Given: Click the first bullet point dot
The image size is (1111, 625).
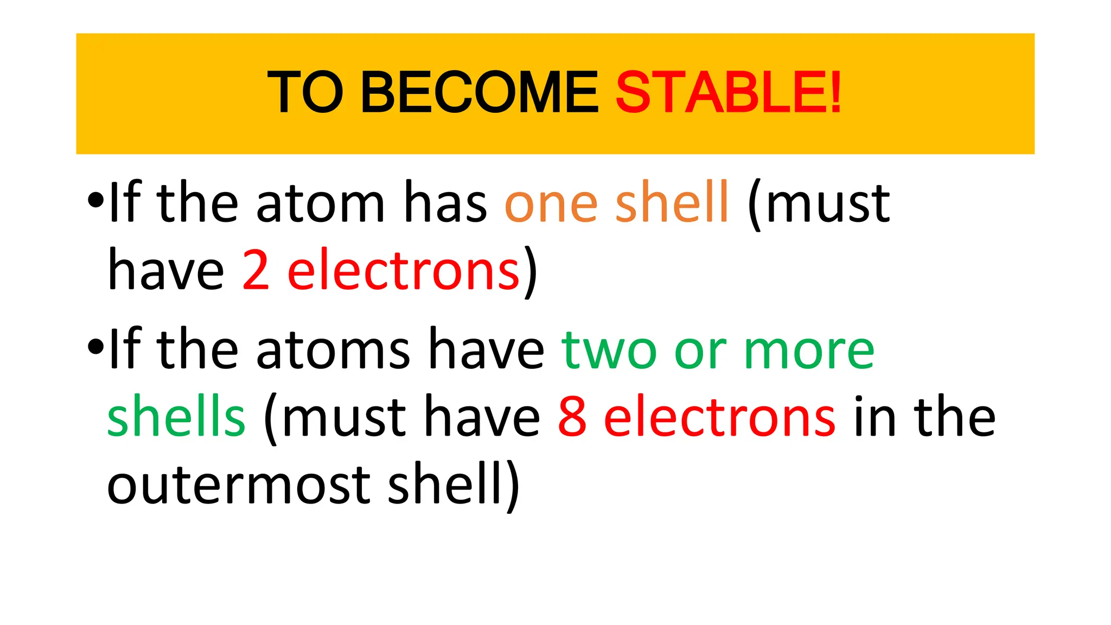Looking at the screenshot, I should tap(95, 201).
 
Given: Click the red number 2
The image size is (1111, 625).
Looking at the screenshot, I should tap(256, 270).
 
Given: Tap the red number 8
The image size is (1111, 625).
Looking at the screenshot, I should tap(572, 417).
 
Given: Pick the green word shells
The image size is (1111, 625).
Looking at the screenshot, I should tap(176, 417).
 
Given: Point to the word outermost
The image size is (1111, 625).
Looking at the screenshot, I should tap(239, 484).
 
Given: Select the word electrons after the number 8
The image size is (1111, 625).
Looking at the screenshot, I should tap(719, 417).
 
